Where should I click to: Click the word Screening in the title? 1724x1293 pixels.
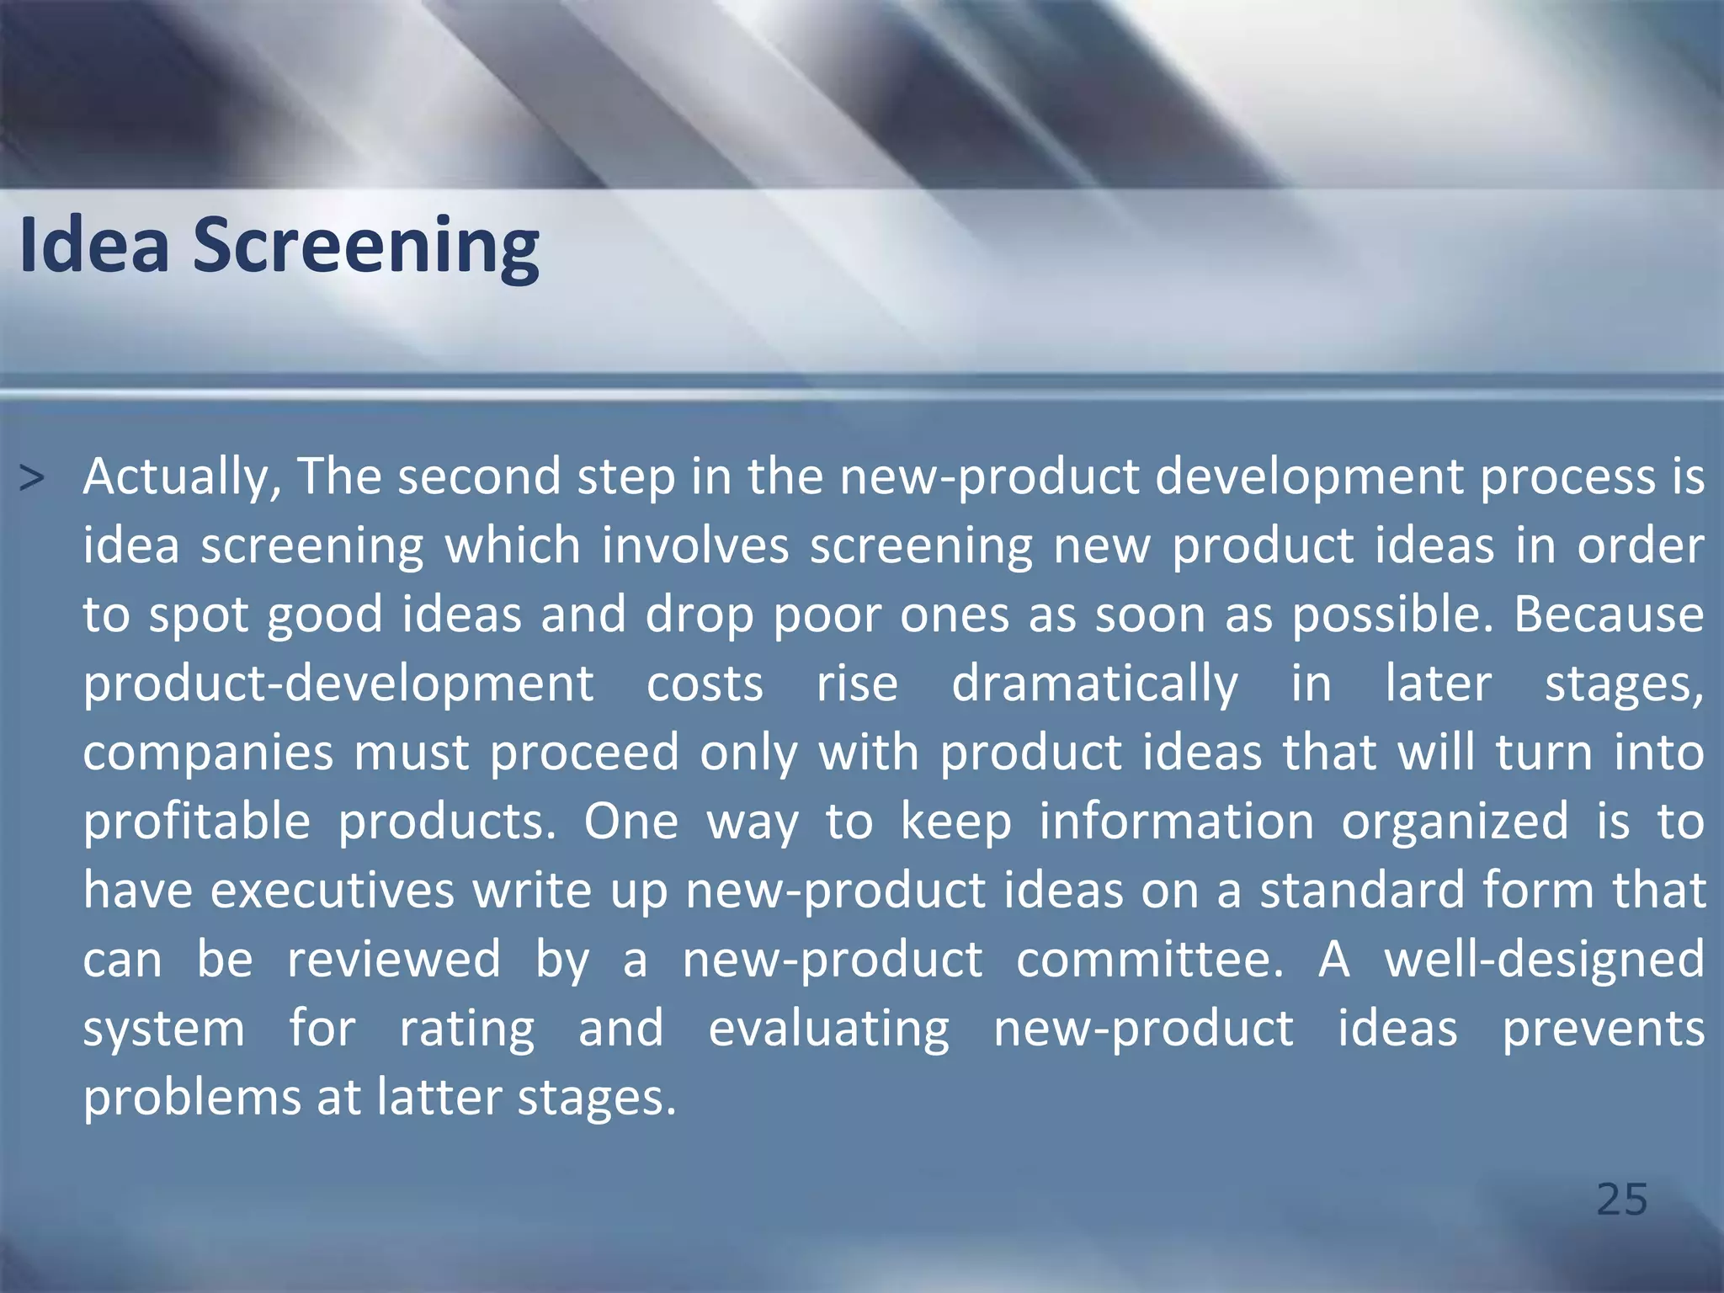[x=366, y=247]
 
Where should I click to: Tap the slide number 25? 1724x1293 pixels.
[x=1621, y=1200]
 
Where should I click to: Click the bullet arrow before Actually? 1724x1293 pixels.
[x=31, y=479]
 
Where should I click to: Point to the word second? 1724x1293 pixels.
[x=479, y=476]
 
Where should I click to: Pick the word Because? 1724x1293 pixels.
[x=1609, y=615]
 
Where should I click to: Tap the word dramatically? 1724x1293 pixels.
[x=1094, y=684]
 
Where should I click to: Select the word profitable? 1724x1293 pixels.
[x=197, y=822]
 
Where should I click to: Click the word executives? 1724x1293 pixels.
[x=332, y=891]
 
